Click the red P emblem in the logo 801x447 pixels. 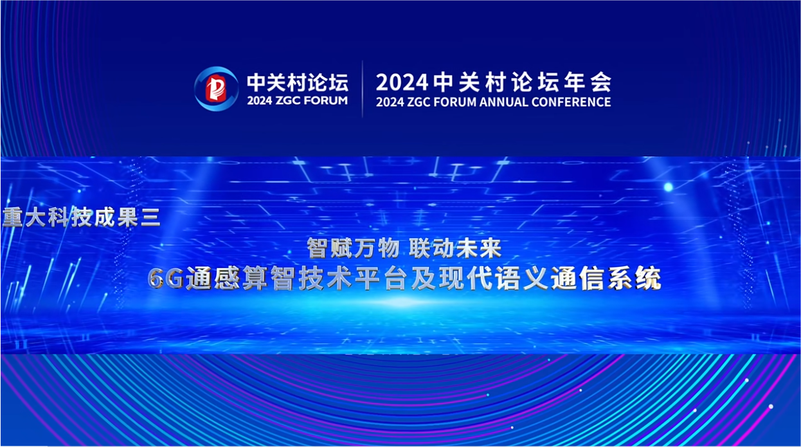(x=216, y=89)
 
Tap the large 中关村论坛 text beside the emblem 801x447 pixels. (x=298, y=83)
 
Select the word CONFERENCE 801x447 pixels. (x=571, y=102)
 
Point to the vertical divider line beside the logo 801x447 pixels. (x=362, y=89)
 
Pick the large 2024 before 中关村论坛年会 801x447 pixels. (x=402, y=82)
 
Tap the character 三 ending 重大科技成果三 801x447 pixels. (x=150, y=217)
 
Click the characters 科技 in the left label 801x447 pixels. (x=70, y=217)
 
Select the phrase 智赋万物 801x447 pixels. (x=353, y=248)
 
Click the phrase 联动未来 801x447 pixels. (x=455, y=248)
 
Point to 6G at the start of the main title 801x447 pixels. (x=166, y=278)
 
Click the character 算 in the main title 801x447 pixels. (x=255, y=278)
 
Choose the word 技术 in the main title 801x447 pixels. (x=325, y=278)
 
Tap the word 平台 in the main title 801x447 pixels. (x=381, y=278)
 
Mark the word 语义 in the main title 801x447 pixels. (x=522, y=278)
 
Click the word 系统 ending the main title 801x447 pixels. (x=634, y=278)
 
